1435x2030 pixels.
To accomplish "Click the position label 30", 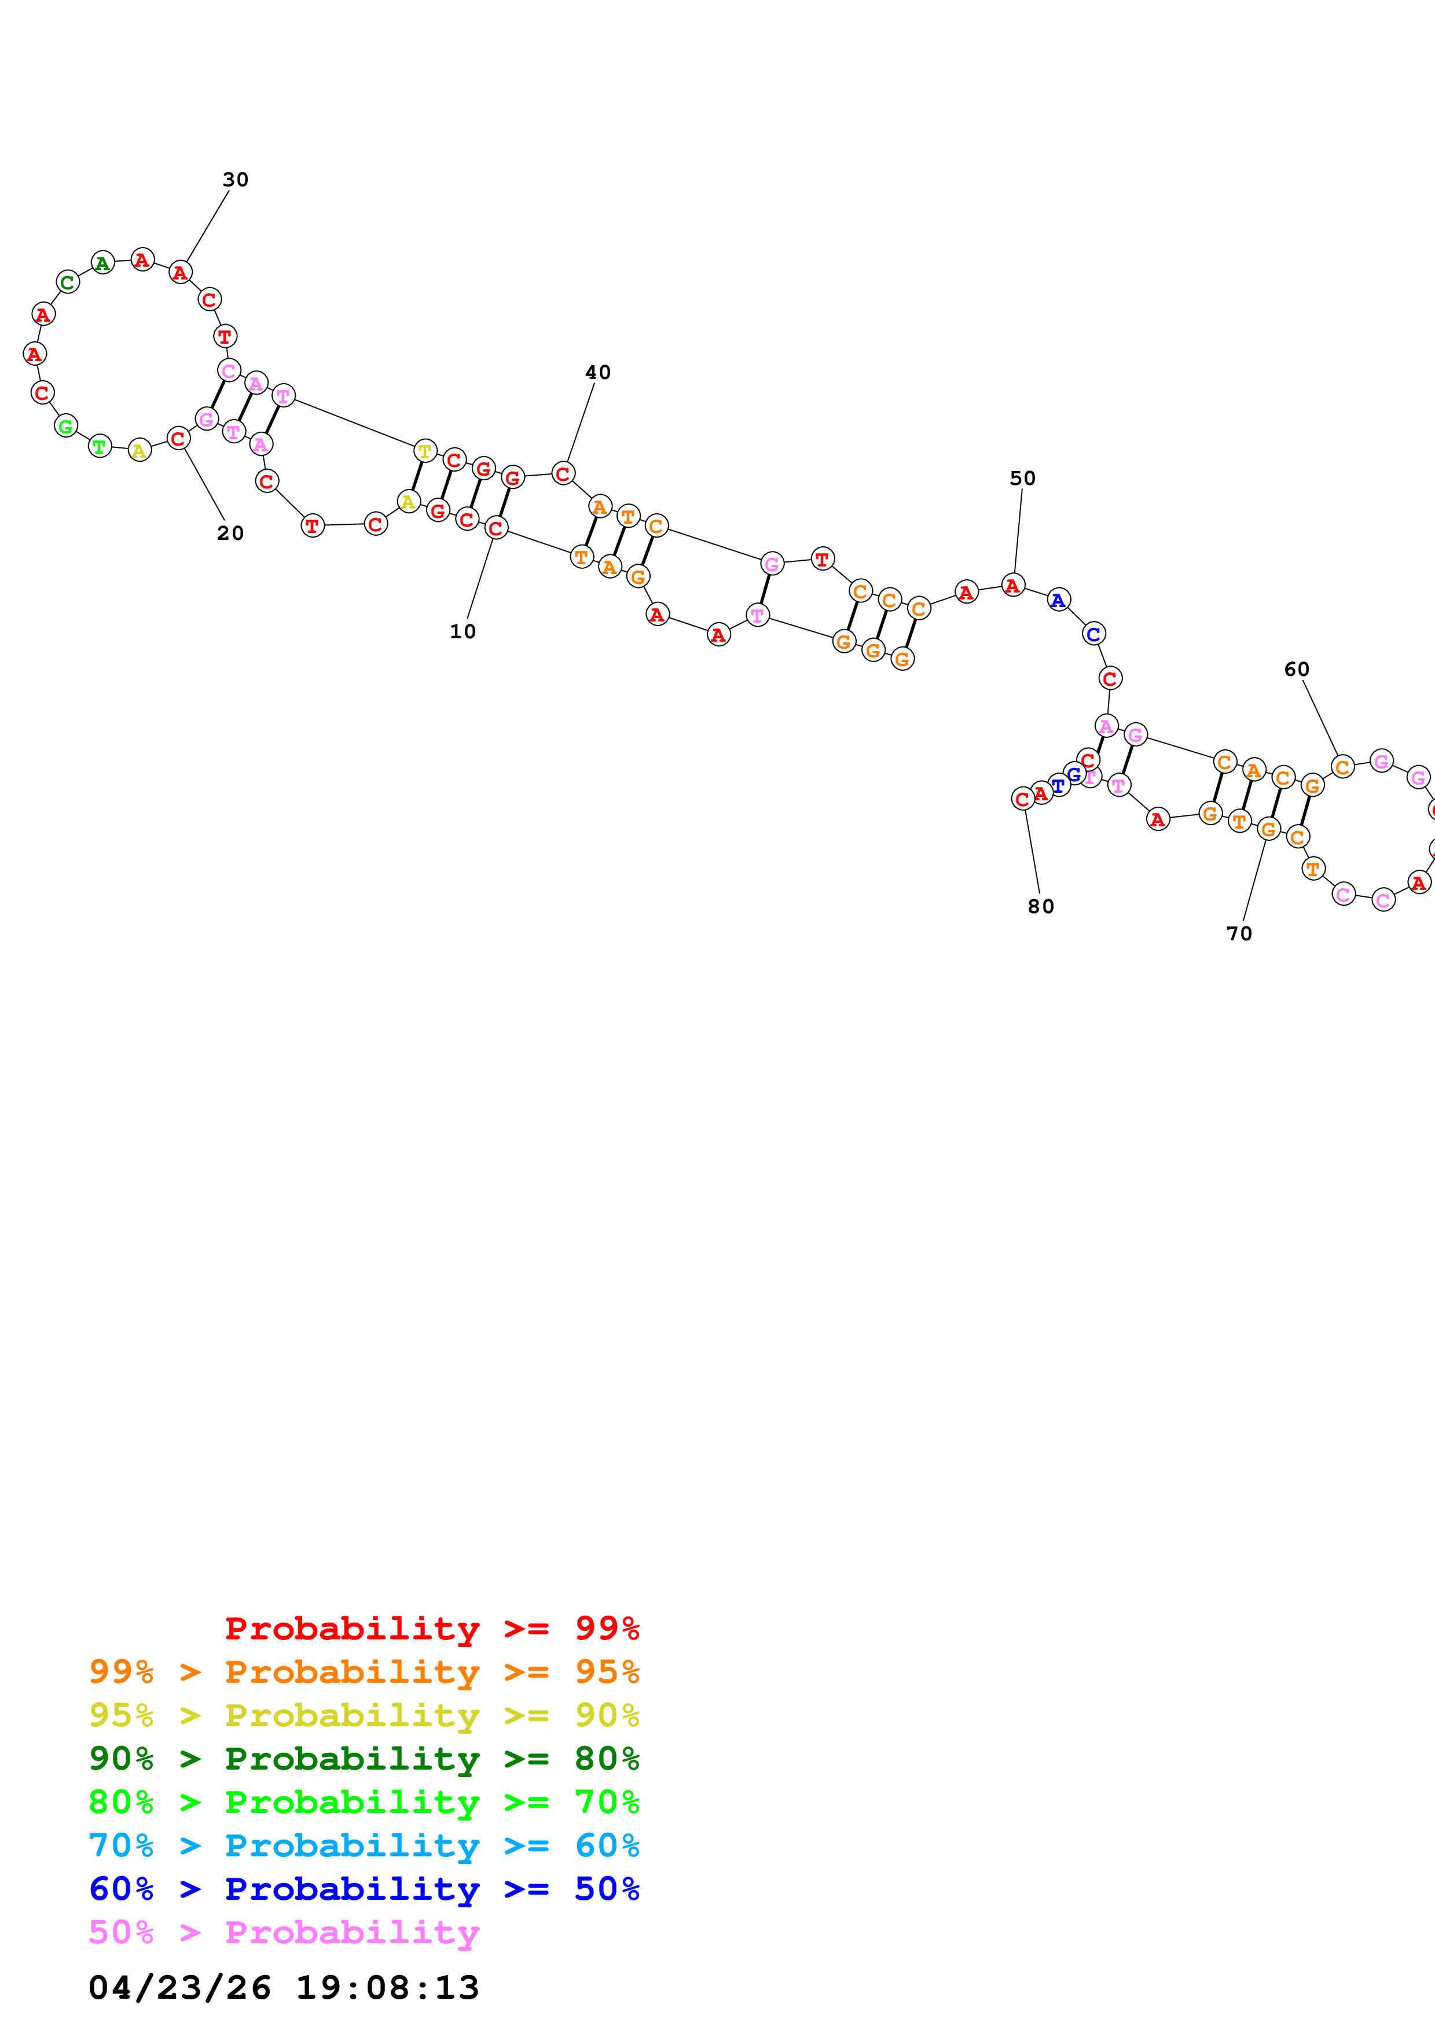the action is (235, 179).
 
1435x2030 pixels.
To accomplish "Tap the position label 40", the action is (598, 372).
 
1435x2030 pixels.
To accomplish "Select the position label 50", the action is (1022, 479).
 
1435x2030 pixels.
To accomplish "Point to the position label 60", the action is (1296, 670).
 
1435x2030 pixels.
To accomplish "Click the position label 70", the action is (1239, 933).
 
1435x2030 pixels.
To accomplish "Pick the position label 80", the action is (1041, 906).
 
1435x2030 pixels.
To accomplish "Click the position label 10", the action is (463, 631).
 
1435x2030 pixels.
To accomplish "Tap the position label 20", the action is (230, 533).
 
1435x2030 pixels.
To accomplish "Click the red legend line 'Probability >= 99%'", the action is (431, 1628).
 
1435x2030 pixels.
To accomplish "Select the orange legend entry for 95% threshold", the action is (364, 1671).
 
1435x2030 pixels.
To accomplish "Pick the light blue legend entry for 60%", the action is (364, 1845).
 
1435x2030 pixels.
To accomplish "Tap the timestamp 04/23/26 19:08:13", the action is (284, 1988).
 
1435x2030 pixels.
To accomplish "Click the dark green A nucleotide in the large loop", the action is (102, 263).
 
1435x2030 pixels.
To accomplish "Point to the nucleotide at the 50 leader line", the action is (1012, 585).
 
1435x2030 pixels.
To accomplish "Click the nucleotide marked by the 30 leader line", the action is (181, 273).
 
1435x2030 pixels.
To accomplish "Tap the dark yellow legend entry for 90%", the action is (364, 1715).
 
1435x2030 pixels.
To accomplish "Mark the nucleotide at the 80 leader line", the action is (1023, 799).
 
